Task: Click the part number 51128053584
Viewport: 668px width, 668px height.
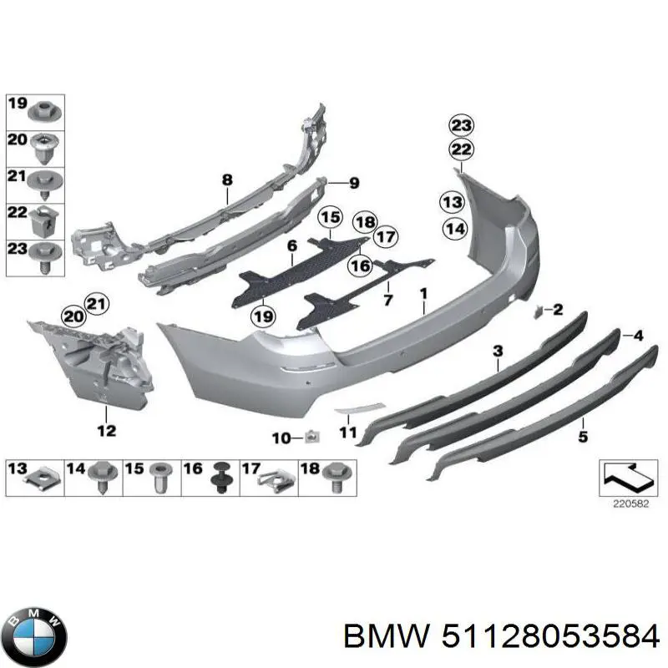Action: (x=550, y=638)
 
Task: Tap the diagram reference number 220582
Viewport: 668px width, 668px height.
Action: (x=631, y=504)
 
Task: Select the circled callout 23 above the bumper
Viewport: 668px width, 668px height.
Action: (x=462, y=125)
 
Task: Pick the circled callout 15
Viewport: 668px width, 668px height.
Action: (x=331, y=217)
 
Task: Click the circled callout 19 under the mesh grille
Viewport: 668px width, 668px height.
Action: (x=263, y=317)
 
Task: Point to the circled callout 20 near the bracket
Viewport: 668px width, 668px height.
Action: (x=73, y=317)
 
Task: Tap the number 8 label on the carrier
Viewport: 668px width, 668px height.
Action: (x=227, y=180)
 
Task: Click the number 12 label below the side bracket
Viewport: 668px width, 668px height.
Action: (x=107, y=431)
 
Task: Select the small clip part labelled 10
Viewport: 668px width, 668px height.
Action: (x=312, y=436)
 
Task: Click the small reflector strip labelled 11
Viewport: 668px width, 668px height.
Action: (x=360, y=408)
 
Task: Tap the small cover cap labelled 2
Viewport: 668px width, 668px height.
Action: (x=538, y=312)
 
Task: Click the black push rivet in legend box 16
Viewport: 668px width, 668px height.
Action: (x=221, y=477)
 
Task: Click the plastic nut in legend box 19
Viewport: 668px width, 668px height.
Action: (x=45, y=112)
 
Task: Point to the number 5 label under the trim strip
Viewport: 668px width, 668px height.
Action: (x=583, y=436)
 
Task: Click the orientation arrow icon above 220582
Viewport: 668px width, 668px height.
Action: (x=629, y=477)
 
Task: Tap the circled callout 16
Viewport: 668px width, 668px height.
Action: (x=361, y=266)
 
